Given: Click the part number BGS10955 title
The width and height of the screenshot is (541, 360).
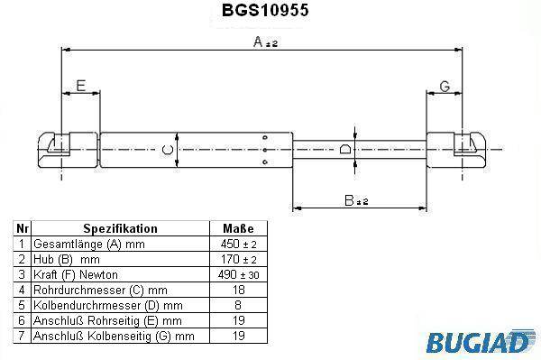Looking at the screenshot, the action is click(x=265, y=10).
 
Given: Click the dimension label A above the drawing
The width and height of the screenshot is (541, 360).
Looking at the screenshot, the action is click(x=265, y=42).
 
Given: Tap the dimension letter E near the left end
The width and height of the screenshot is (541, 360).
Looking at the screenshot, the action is click(x=81, y=86).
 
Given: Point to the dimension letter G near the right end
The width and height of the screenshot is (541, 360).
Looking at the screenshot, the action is click(x=445, y=87).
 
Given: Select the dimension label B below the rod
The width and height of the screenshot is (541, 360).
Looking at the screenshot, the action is click(x=356, y=200).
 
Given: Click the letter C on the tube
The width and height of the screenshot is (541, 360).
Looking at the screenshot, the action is click(x=168, y=150).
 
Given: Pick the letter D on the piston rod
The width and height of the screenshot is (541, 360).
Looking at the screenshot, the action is click(x=345, y=149).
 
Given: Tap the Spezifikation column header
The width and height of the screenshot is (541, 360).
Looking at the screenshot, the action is click(x=120, y=228).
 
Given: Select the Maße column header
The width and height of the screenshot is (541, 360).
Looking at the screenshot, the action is click(x=238, y=228).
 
